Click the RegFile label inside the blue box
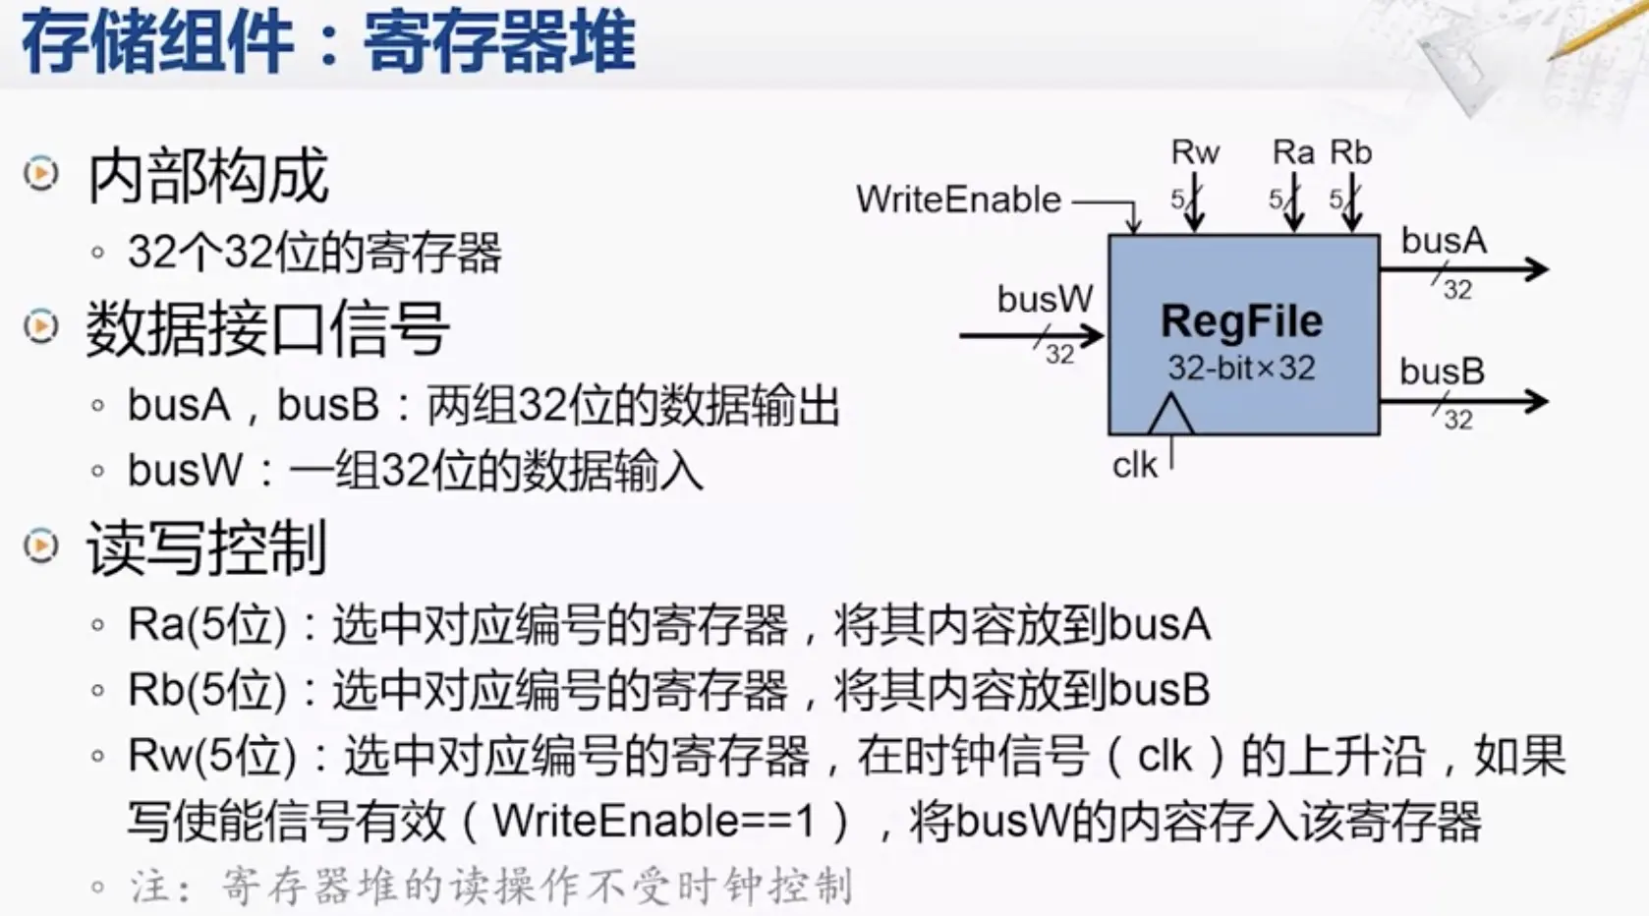point(1241,321)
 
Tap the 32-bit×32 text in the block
point(1241,368)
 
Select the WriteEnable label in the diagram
point(958,200)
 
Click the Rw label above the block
point(1195,152)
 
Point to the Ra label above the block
point(1292,152)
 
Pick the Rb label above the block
point(1350,152)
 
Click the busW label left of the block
point(1044,299)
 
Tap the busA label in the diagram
point(1443,241)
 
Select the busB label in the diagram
point(1442,372)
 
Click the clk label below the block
point(1134,465)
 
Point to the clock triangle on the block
point(1170,416)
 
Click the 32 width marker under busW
point(1059,354)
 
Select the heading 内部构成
point(207,177)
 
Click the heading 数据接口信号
point(267,329)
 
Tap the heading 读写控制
point(206,547)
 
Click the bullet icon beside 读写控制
point(41,545)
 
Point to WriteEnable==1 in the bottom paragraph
point(654,822)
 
